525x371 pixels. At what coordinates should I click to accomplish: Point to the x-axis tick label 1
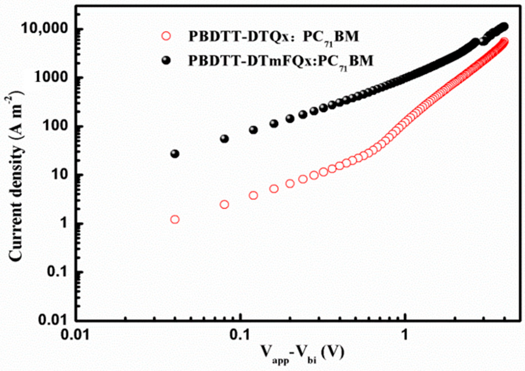(405, 335)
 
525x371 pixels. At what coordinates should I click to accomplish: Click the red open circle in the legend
(166, 36)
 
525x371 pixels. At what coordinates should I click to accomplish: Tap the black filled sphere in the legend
(166, 60)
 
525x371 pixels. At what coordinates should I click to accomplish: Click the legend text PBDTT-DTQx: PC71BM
(273, 37)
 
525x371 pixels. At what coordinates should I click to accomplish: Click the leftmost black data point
(175, 154)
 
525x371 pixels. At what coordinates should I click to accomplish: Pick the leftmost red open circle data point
(175, 219)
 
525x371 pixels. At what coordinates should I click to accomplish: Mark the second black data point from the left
(224, 139)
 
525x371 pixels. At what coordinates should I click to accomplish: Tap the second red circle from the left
(224, 204)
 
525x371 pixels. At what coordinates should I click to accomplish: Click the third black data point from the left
(253, 130)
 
